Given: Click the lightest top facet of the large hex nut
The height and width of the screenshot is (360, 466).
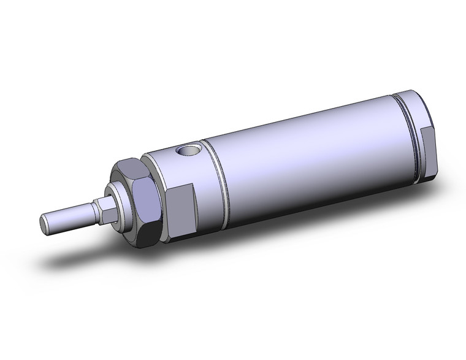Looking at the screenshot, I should (x=131, y=166).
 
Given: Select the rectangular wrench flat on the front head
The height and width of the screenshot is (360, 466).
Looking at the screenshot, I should (x=181, y=210).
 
